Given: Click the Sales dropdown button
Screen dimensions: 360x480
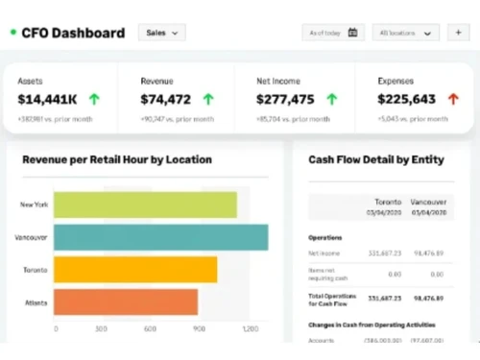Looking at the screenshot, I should (x=161, y=33).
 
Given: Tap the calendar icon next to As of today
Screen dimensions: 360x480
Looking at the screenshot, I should (x=352, y=33).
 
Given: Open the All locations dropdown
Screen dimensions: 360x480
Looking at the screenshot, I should (x=405, y=33).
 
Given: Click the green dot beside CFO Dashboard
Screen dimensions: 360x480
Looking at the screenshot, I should (x=12, y=33).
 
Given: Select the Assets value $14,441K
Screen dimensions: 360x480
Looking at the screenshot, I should (x=47, y=99).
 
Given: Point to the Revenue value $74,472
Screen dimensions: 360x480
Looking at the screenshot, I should (x=165, y=99).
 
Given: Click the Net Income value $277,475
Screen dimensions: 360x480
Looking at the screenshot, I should (x=285, y=99).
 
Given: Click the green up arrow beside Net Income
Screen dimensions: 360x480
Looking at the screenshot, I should (x=331, y=99).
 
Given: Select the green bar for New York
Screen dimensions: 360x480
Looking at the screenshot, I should (x=145, y=204).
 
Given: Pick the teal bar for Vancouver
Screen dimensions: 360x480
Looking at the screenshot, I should (x=160, y=237).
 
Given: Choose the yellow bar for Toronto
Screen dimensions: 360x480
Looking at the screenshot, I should (x=135, y=270).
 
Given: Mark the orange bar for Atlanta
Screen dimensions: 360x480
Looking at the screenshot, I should (x=126, y=302).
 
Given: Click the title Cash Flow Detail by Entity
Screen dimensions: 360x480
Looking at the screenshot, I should (x=375, y=159).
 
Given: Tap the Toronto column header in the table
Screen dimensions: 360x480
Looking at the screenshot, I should (x=387, y=203).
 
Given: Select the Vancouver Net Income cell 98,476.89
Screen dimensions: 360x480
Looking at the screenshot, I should (x=428, y=253).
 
